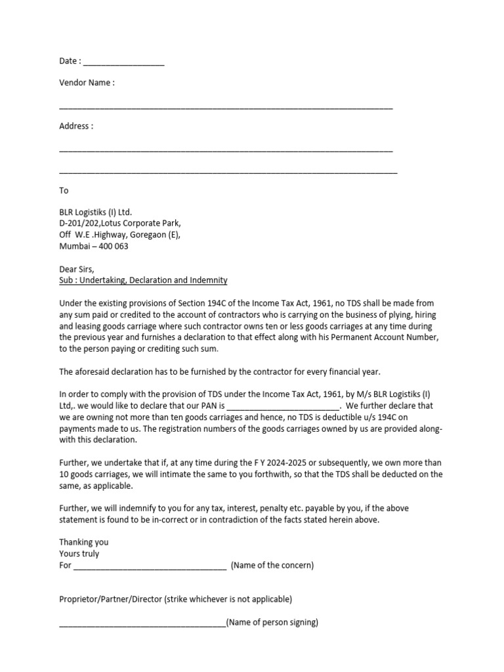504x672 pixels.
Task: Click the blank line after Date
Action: (123, 63)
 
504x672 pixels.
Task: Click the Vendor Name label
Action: (87, 83)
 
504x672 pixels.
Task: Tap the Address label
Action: (76, 126)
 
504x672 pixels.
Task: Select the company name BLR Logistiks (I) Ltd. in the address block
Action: (96, 212)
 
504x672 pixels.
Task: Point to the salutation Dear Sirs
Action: (77, 269)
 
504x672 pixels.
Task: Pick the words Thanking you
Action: (84, 543)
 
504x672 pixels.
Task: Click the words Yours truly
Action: (79, 554)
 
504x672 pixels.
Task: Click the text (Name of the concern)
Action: (272, 566)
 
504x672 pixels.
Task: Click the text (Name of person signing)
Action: (272, 622)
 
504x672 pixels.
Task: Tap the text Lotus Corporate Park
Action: (136, 223)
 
